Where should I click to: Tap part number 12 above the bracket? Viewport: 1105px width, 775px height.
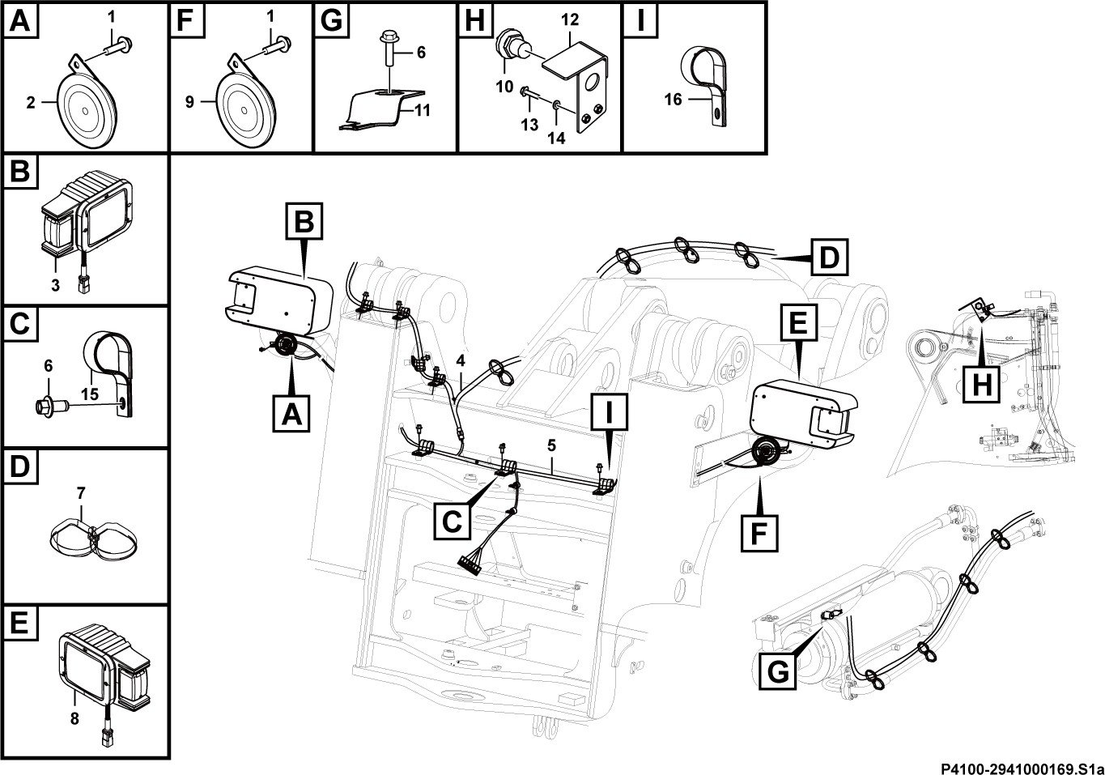pyautogui.click(x=570, y=19)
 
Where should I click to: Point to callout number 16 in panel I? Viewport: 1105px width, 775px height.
pyautogui.click(x=673, y=100)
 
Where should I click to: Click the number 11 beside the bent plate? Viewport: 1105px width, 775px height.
pyautogui.click(x=423, y=110)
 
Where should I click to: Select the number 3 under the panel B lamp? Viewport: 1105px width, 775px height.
pyautogui.click(x=55, y=285)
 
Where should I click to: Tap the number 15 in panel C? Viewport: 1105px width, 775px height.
pyautogui.click(x=89, y=394)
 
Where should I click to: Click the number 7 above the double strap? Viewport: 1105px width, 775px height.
pyautogui.click(x=81, y=493)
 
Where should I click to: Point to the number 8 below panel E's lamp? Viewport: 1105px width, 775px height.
pyautogui.click(x=74, y=719)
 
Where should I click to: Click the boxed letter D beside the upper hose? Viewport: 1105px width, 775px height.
pyautogui.click(x=829, y=258)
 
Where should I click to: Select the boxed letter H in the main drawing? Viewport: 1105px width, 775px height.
pyautogui.click(x=982, y=384)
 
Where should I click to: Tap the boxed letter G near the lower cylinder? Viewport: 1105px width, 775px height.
pyautogui.click(x=778, y=671)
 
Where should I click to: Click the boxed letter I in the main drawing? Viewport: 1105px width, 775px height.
pyautogui.click(x=610, y=412)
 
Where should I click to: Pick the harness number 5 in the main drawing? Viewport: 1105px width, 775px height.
pyautogui.click(x=551, y=445)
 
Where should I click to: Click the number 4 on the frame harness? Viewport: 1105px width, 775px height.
pyautogui.click(x=461, y=360)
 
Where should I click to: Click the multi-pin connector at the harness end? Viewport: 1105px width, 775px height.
pyautogui.click(x=470, y=565)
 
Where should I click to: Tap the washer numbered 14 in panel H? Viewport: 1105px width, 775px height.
pyautogui.click(x=556, y=104)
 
